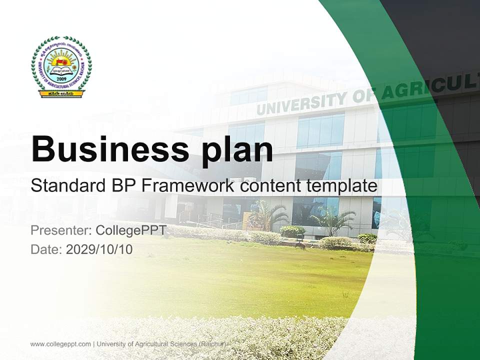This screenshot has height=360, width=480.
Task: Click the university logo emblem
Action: pyautogui.click(x=61, y=65)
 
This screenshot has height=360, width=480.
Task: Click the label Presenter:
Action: pyautogui.click(x=60, y=230)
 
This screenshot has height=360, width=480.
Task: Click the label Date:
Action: pyautogui.click(x=46, y=249)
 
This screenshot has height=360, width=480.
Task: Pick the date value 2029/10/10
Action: pyautogui.click(x=99, y=249)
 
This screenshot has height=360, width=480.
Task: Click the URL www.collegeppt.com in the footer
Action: pyautogui.click(x=60, y=344)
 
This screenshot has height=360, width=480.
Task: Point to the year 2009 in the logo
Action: pyautogui.click(x=61, y=79)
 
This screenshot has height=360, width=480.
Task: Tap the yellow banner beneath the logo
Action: pyautogui.click(x=61, y=93)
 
